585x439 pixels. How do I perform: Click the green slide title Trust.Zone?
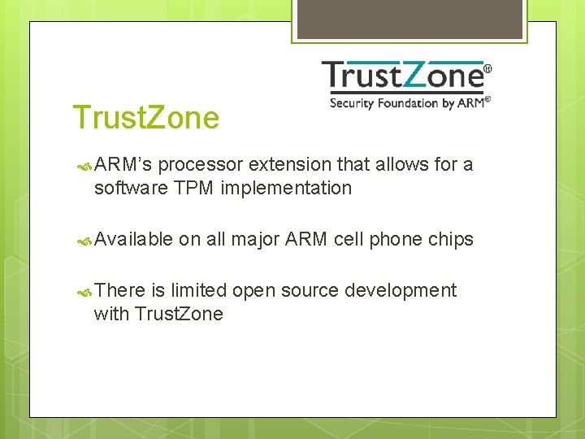click(x=145, y=118)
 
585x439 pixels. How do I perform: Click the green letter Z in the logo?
click(x=420, y=76)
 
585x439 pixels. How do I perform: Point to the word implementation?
click(x=286, y=189)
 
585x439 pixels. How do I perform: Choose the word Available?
click(x=133, y=239)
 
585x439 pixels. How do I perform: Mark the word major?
click(x=255, y=239)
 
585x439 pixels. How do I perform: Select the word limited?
click(x=198, y=290)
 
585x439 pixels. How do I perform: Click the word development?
click(x=401, y=290)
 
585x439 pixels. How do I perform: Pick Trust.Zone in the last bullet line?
click(x=179, y=314)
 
